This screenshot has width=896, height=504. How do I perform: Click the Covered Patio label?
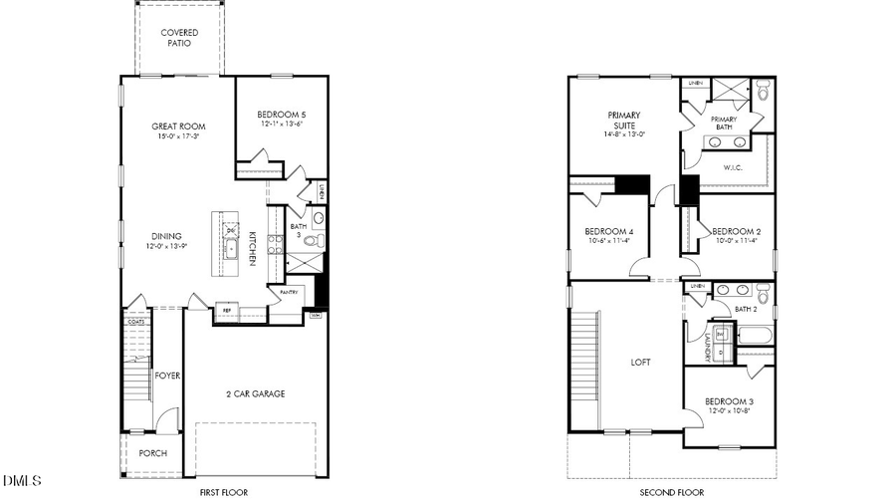[x=179, y=38]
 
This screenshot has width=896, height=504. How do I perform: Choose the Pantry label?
[x=289, y=292]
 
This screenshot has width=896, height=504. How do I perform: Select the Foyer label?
[x=166, y=376]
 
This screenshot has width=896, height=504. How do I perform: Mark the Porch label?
[x=152, y=453]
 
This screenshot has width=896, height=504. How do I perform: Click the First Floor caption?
[x=223, y=492]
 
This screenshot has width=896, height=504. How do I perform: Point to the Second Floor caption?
[x=671, y=492]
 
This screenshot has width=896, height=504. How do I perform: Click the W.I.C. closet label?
[x=734, y=167]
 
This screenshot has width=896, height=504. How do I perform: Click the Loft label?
[x=640, y=362]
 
